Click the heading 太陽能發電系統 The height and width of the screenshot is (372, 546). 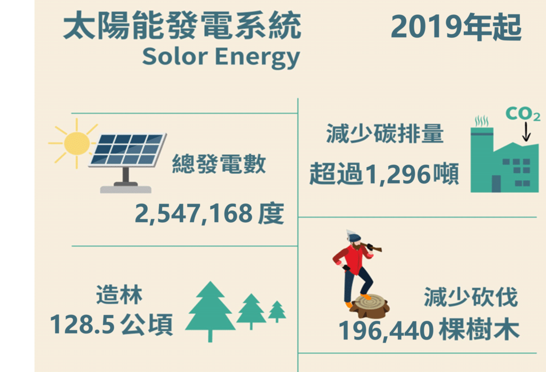pos(182,26)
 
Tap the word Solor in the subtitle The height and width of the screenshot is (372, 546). pos(175,56)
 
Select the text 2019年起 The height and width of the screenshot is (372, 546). pos(456,27)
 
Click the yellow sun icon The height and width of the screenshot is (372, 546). pos(77,143)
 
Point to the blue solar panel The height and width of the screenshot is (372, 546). pos(127,149)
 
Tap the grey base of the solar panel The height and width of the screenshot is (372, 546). pos(126,189)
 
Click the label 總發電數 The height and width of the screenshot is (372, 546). pos(219,164)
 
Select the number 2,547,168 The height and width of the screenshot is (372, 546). pos(194,214)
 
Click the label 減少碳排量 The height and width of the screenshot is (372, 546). pos(385,134)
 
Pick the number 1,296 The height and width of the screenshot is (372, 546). pos(397,174)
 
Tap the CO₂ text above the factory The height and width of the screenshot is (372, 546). pos(523,114)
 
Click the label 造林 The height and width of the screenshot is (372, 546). pos(119,295)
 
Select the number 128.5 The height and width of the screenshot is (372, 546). pos(82,325)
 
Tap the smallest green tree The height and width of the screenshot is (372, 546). pos(277,311)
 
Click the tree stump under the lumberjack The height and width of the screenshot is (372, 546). pos(370,306)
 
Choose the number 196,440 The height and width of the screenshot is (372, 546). pos(387,330)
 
